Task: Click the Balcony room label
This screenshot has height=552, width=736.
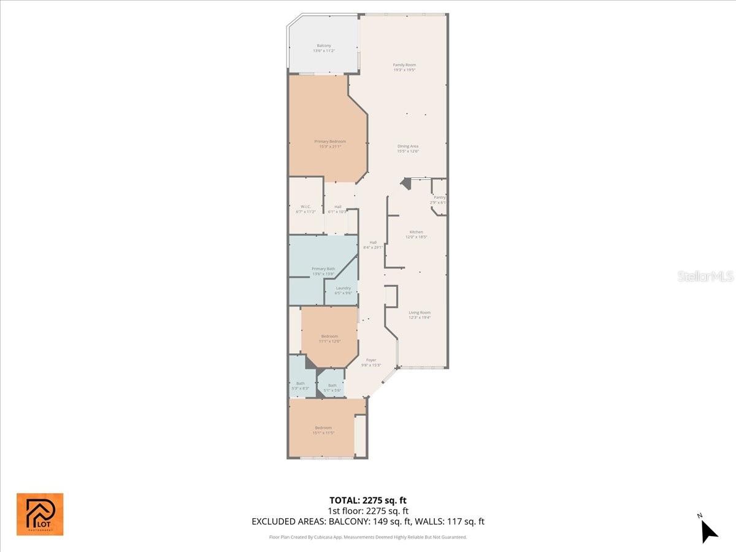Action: pyautogui.click(x=324, y=48)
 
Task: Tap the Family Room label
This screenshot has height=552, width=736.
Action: pyautogui.click(x=404, y=67)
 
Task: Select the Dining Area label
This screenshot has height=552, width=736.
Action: pyautogui.click(x=407, y=148)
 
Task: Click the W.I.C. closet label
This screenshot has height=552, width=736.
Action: pyautogui.click(x=305, y=209)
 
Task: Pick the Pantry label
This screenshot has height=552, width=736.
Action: pyautogui.click(x=439, y=199)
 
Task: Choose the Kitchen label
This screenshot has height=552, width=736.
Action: pyautogui.click(x=416, y=234)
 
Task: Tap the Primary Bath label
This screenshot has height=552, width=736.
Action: pyautogui.click(x=323, y=270)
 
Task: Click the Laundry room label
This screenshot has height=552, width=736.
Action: pyautogui.click(x=343, y=289)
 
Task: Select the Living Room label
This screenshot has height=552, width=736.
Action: pyautogui.click(x=420, y=315)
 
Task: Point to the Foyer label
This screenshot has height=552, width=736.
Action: pyautogui.click(x=371, y=362)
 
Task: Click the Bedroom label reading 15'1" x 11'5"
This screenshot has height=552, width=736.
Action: pyautogui.click(x=323, y=429)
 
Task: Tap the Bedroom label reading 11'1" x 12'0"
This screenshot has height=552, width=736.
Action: pyautogui.click(x=329, y=338)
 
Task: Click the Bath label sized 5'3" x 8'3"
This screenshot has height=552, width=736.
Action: pyautogui.click(x=301, y=385)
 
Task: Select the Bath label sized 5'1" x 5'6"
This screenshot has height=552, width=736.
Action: pyautogui.click(x=332, y=387)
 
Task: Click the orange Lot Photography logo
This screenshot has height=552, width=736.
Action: pyautogui.click(x=40, y=514)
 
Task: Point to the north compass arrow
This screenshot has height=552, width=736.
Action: pyautogui.click(x=708, y=531)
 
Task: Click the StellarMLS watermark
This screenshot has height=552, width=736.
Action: pyautogui.click(x=705, y=277)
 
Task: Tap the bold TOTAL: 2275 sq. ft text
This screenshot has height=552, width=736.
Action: pyautogui.click(x=368, y=500)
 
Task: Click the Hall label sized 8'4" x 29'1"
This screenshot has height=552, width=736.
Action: pyautogui.click(x=373, y=245)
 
